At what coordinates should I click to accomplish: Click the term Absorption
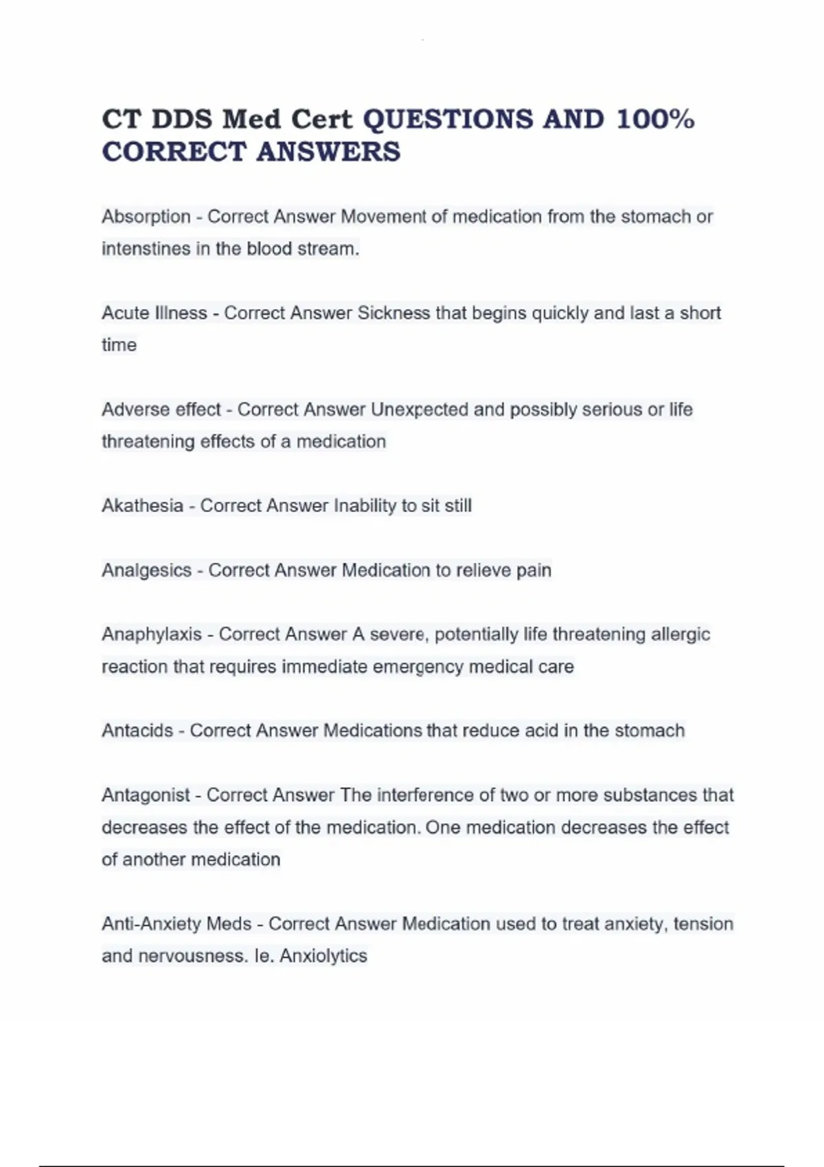click(x=146, y=217)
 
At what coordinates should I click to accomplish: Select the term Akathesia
click(x=142, y=506)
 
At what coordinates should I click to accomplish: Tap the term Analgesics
click(x=146, y=570)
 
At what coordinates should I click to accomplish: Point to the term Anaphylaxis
click(x=152, y=634)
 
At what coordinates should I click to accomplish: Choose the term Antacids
click(x=137, y=730)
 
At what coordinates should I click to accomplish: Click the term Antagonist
click(x=146, y=795)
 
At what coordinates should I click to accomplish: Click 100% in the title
click(x=656, y=119)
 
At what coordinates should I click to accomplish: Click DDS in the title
click(x=183, y=119)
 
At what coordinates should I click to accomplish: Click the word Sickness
click(x=393, y=313)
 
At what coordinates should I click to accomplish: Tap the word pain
click(x=534, y=570)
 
